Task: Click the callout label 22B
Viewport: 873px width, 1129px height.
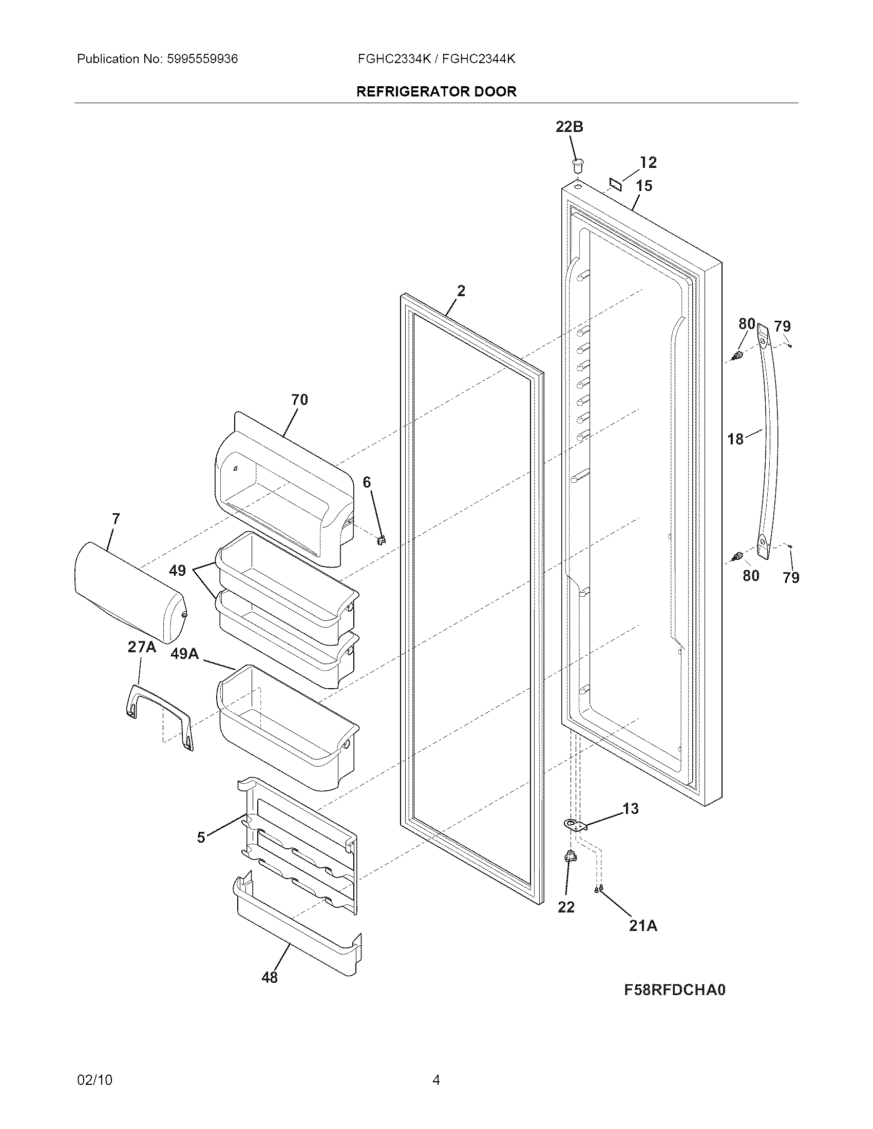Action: (x=569, y=127)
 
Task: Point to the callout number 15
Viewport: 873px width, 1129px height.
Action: (x=644, y=186)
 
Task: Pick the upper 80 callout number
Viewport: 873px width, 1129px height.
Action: (x=746, y=324)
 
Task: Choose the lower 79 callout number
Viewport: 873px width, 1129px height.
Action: (x=791, y=577)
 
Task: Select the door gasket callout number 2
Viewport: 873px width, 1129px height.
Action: (x=461, y=291)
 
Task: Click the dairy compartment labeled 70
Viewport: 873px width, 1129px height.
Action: (x=284, y=491)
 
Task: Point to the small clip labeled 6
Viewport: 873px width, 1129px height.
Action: (x=382, y=540)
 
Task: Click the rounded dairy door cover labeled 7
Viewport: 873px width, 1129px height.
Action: (x=129, y=592)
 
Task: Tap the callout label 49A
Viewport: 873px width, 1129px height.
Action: (x=185, y=654)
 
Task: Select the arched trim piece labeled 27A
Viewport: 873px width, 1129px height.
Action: (x=158, y=716)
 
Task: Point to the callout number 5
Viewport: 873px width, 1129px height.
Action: (x=201, y=838)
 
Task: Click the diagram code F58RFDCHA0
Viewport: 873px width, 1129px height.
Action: (x=674, y=989)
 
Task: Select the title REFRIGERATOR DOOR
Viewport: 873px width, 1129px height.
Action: (x=436, y=91)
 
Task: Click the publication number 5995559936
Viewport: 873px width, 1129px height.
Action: (x=202, y=59)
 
